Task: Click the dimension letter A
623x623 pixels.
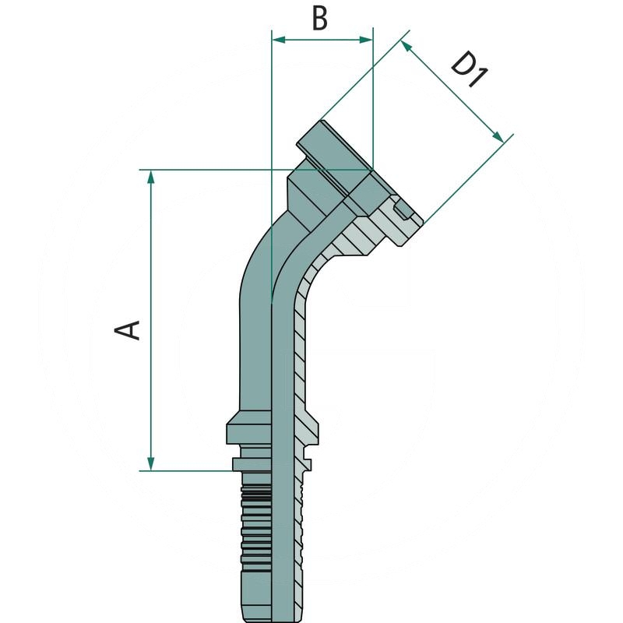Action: [128, 329]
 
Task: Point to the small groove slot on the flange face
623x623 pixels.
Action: [403, 209]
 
